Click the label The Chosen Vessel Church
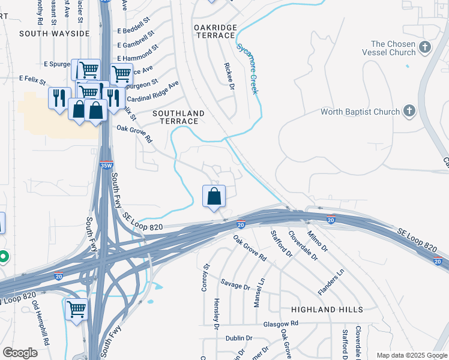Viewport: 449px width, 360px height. click(393, 48)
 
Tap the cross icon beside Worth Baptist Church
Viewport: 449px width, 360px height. click(409, 112)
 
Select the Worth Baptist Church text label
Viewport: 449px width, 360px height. click(360, 112)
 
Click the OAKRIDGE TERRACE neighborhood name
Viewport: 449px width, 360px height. click(215, 32)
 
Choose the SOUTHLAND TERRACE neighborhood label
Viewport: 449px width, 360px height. click(178, 117)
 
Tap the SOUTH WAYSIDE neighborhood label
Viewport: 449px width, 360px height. click(54, 34)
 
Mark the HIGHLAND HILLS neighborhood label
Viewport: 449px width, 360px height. click(327, 309)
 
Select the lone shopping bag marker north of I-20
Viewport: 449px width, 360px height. click(214, 196)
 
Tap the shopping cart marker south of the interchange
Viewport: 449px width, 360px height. click(77, 310)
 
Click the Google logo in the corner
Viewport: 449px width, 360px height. click(20, 353)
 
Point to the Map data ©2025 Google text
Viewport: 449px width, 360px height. click(412, 355)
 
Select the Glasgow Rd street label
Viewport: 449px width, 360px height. click(281, 323)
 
